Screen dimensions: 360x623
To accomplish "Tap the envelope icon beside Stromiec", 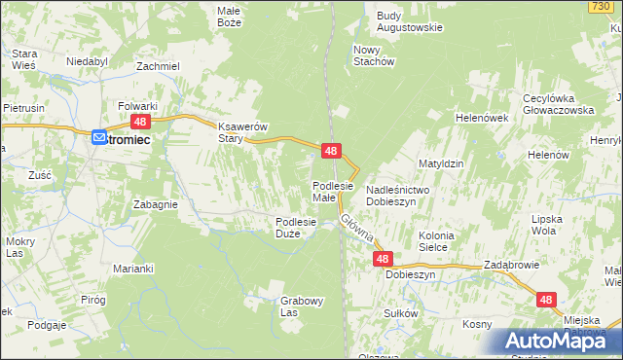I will [100, 139].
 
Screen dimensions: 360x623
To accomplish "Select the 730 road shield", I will [600, 7].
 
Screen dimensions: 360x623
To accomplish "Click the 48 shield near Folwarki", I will [140, 121].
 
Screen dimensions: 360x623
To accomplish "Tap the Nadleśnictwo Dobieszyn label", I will [391, 195].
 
